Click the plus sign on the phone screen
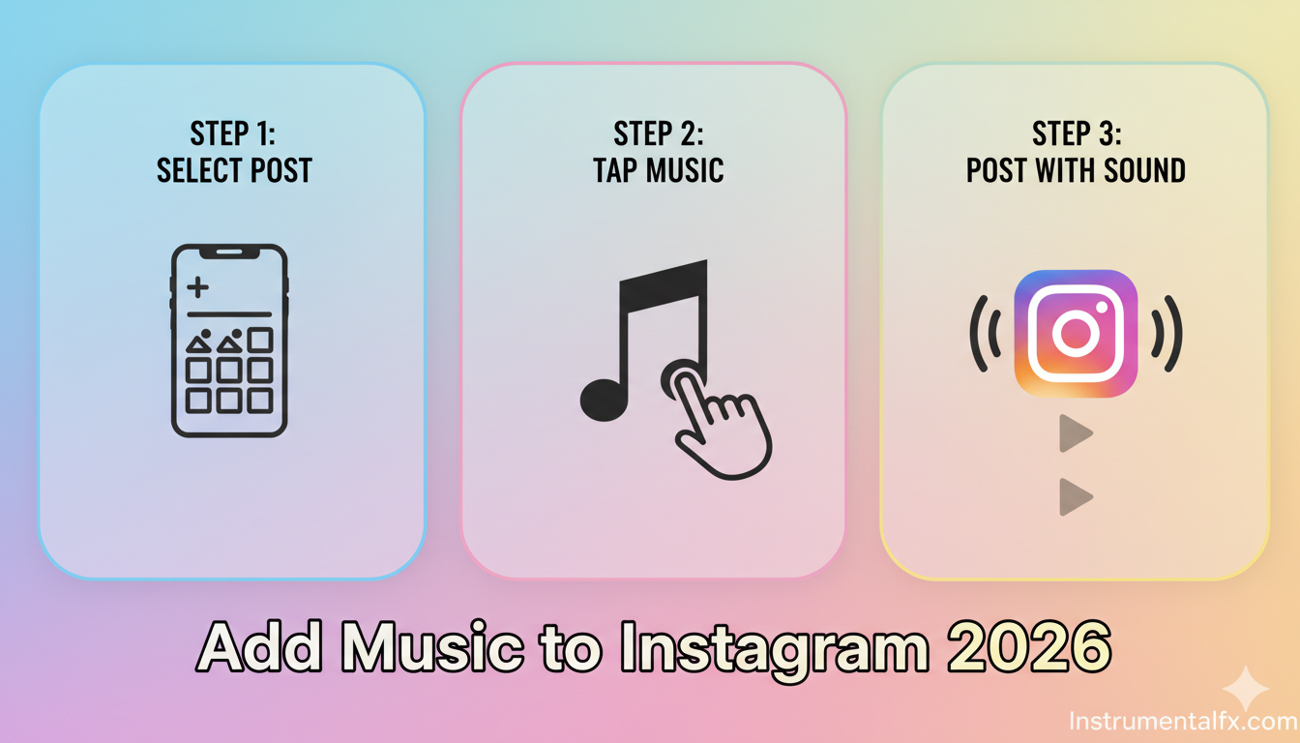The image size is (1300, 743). tap(198, 286)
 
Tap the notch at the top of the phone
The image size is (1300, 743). tap(229, 253)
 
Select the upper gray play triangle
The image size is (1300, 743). tap(1076, 433)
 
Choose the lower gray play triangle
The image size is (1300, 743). tap(1076, 497)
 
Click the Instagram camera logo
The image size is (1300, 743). tap(1076, 334)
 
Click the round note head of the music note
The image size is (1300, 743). tap(605, 400)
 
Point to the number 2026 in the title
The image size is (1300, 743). tap(1029, 646)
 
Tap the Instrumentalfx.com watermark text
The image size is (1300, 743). tap(1183, 722)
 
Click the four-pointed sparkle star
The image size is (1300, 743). tap(1246, 689)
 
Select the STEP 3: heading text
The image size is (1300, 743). tap(1077, 134)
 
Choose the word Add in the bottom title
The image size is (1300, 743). tap(259, 646)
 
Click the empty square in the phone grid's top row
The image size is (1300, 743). tap(260, 341)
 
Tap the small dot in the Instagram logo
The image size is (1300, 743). tap(1102, 307)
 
